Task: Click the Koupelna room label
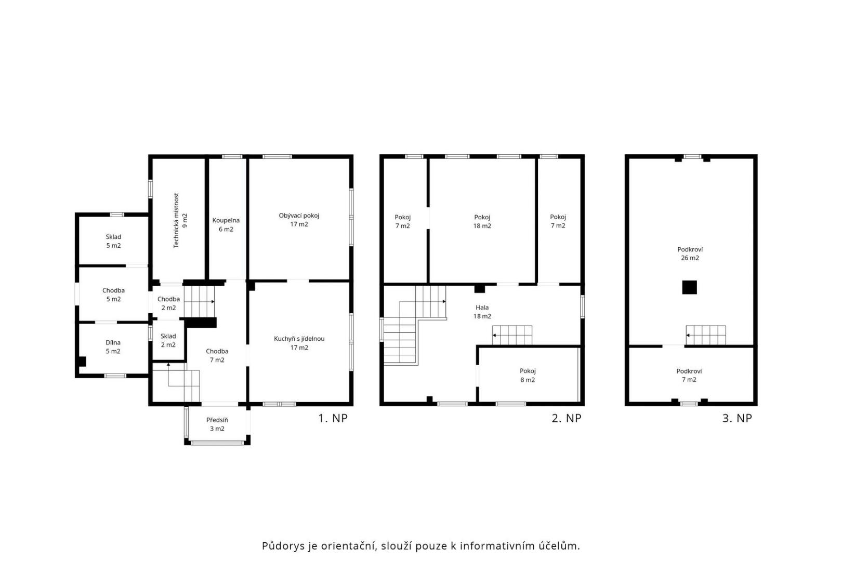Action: [x=226, y=225]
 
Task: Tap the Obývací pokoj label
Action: [x=299, y=220]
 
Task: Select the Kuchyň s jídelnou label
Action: [x=299, y=343]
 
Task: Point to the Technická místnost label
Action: [x=180, y=221]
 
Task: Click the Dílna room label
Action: [x=113, y=347]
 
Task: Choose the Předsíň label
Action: [x=217, y=424]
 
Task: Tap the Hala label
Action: [x=482, y=312]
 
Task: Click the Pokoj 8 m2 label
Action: [x=528, y=376]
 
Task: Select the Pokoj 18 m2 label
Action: [x=482, y=222]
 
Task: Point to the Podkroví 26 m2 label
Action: [x=690, y=253]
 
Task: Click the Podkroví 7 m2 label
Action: [x=689, y=376]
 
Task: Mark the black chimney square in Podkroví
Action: [x=689, y=287]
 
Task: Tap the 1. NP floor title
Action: [x=333, y=418]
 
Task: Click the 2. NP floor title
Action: [x=567, y=418]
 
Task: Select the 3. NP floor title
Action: [x=737, y=418]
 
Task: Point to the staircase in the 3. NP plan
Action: [x=706, y=335]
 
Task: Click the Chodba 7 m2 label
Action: [x=217, y=355]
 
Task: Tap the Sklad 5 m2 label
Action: [x=113, y=241]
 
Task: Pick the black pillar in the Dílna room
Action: [x=82, y=362]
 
